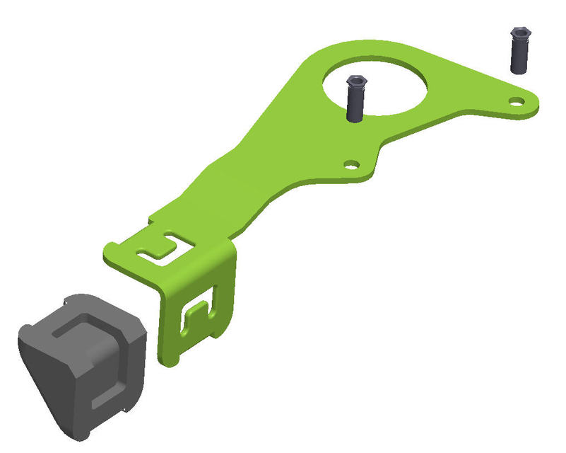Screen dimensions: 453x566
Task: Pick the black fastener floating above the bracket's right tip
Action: click(519, 50)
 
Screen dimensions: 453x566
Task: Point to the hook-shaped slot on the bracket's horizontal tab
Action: click(157, 248)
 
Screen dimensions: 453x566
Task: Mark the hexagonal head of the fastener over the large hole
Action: click(355, 83)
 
